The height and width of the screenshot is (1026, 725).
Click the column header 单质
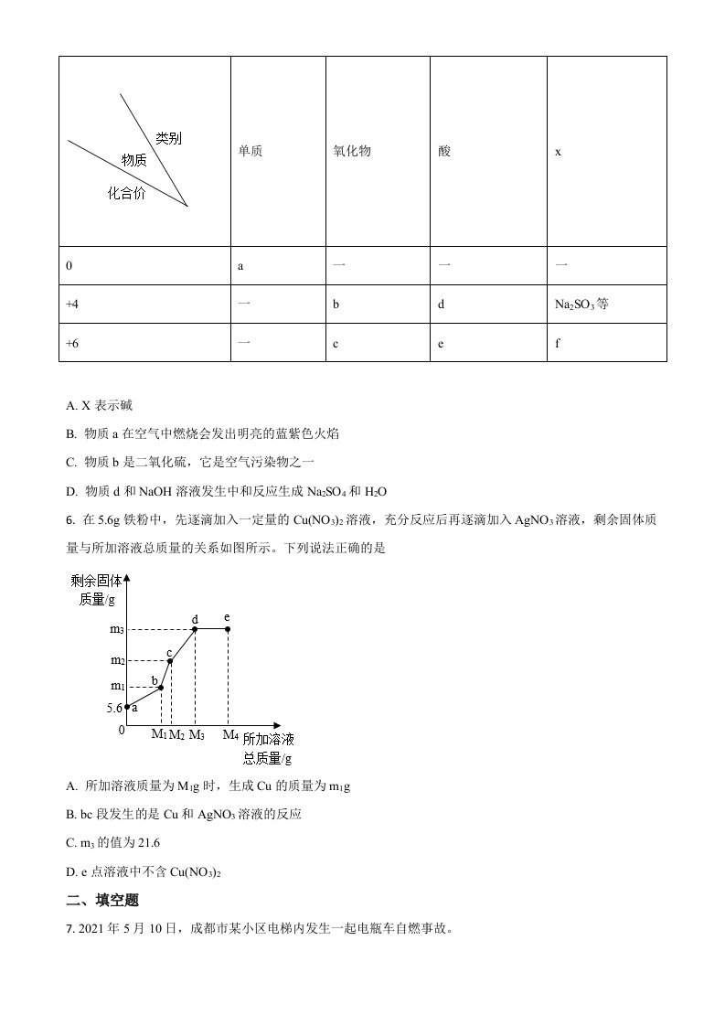coord(250,152)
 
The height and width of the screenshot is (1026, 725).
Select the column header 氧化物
coord(352,152)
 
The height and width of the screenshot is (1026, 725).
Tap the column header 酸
coord(444,152)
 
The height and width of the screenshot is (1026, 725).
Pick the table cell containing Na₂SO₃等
coord(581,304)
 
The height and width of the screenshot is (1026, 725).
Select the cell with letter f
coord(558,343)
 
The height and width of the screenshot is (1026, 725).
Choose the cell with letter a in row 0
coord(240,265)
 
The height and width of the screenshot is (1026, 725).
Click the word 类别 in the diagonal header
coord(168,138)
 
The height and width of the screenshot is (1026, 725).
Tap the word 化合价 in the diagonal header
coord(126,193)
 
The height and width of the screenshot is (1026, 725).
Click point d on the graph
coord(195,629)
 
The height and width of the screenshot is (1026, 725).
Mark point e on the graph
coord(228,629)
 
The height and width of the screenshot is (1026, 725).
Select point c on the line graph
coord(170,660)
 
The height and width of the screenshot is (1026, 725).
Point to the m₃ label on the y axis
coord(117,629)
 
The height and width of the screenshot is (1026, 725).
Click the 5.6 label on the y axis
coord(115,708)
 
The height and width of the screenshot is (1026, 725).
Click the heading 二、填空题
coord(102,900)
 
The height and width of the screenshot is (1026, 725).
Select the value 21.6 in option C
coord(147,843)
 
